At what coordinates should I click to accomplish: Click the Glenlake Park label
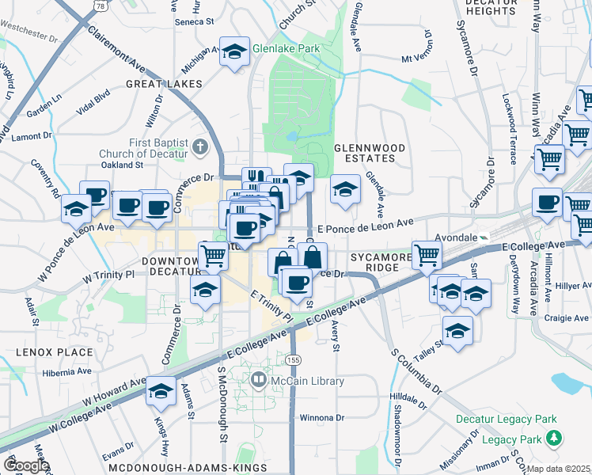pos(286,48)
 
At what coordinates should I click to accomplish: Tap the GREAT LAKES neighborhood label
pos(162,83)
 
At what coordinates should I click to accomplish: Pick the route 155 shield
pos(294,360)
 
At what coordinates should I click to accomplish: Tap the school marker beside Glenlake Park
pos(234,51)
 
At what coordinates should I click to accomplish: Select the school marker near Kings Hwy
pos(161,390)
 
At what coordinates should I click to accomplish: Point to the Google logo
pos(25,465)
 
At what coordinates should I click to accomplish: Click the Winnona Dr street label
pos(322,417)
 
